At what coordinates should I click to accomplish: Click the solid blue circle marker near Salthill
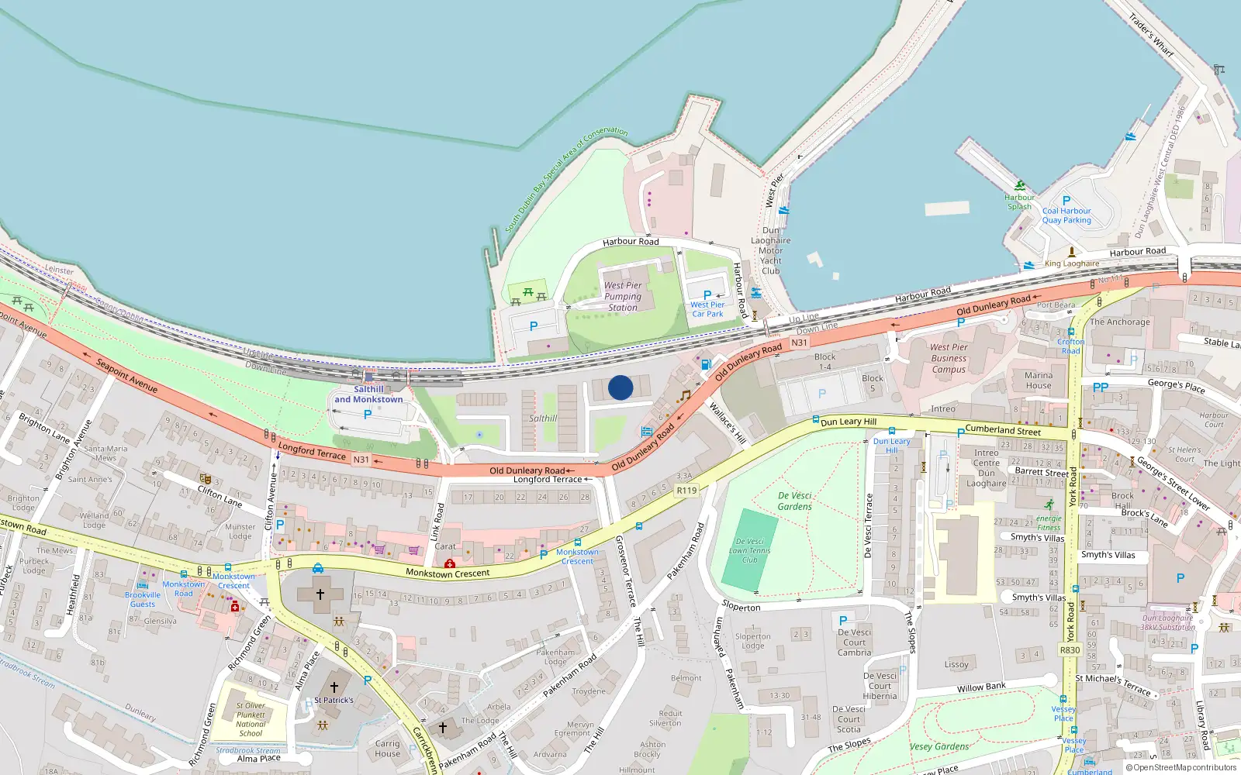tap(620, 387)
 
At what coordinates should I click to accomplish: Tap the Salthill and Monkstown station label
tap(368, 394)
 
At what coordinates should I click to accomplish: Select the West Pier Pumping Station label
tap(623, 296)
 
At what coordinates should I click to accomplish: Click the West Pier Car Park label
tap(707, 309)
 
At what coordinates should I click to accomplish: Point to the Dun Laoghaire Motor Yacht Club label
tap(771, 250)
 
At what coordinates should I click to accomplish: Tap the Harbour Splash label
tap(1019, 201)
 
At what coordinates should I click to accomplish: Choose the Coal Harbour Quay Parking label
tap(1066, 215)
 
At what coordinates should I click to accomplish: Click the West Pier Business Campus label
tap(949, 358)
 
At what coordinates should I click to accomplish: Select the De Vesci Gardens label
tap(795, 501)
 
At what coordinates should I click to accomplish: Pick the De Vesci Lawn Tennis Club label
tap(749, 550)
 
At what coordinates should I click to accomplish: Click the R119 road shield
tap(686, 490)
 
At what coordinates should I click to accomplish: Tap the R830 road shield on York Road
tap(1070, 650)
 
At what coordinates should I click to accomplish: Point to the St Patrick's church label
tap(334, 700)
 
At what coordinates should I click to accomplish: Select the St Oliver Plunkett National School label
tap(251, 719)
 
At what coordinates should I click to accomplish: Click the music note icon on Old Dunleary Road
tap(684, 396)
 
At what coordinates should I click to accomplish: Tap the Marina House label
tap(1039, 381)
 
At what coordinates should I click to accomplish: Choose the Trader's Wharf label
tap(1151, 35)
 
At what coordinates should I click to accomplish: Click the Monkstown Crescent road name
tap(448, 573)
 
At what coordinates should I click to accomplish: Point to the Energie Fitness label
tap(1049, 522)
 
